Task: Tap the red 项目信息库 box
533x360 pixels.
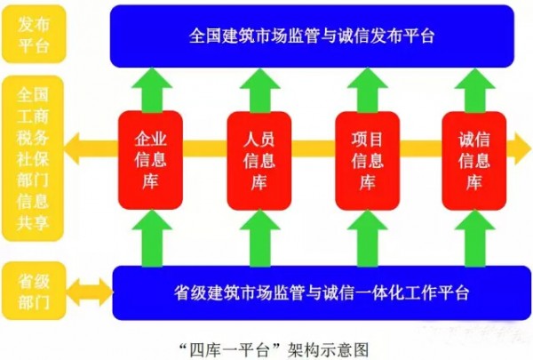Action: pyautogui.click(x=367, y=161)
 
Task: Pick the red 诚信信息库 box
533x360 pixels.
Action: pyautogui.click(x=473, y=161)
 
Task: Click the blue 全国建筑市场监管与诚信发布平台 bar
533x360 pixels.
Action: pyautogui.click(x=313, y=36)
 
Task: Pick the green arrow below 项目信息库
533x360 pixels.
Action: pyautogui.click(x=367, y=236)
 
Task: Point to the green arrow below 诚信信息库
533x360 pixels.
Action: pyautogui.click(x=474, y=236)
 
